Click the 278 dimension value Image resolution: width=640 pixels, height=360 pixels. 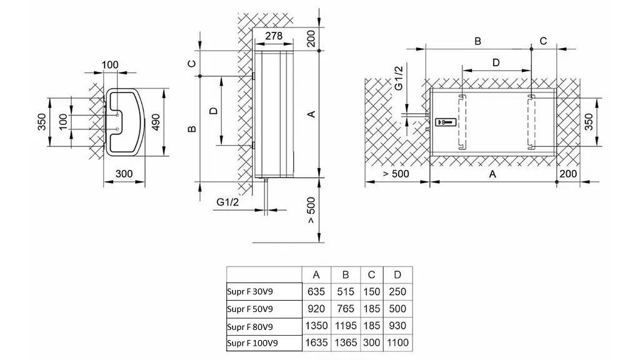click(274, 36)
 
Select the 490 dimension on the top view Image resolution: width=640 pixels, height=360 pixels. click(156, 122)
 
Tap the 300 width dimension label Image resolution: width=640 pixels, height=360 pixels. click(124, 174)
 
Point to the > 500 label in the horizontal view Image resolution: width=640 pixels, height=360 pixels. click(396, 174)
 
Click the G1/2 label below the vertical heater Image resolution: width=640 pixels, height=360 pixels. click(227, 202)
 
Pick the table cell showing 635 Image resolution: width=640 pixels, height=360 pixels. click(316, 292)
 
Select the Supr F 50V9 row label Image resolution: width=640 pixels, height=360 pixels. click(250, 309)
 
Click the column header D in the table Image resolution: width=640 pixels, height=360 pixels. click(398, 275)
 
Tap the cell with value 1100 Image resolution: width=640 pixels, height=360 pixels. click(398, 342)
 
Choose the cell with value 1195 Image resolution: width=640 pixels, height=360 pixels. click(346, 326)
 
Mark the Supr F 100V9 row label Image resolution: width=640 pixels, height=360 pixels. click(252, 343)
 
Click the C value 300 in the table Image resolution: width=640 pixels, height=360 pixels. click(371, 342)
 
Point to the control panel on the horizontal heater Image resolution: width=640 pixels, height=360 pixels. click(445, 122)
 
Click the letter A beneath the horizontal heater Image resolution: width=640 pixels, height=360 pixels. click(492, 174)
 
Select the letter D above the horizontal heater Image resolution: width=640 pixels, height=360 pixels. click(496, 62)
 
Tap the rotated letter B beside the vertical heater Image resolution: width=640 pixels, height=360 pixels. click(192, 129)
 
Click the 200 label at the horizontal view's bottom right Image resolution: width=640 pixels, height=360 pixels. click(568, 174)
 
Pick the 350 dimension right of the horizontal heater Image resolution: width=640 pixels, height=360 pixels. click(589, 122)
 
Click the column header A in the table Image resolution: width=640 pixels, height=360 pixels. click(316, 275)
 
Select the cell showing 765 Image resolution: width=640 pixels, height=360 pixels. click(346, 309)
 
